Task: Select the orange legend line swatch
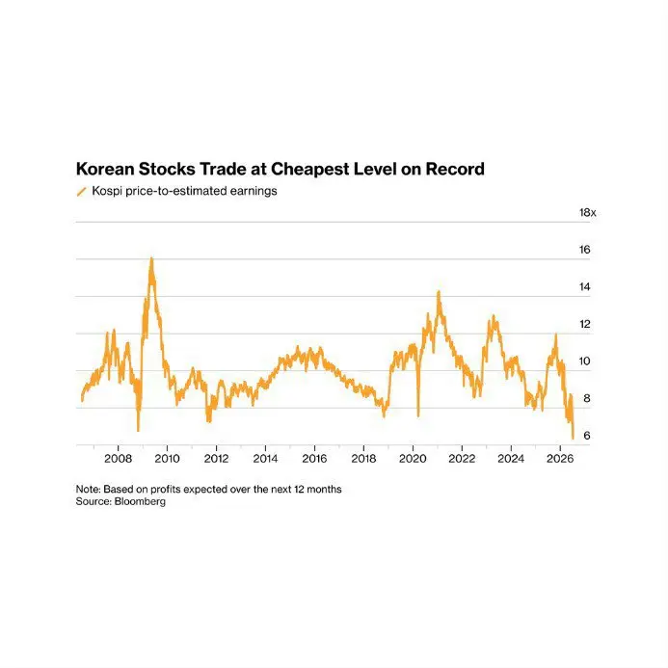81,192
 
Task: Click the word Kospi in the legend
107,191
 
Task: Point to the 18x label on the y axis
587,213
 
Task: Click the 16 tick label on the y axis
584,250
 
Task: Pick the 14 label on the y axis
584,286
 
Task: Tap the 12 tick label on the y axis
584,324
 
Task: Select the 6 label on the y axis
587,436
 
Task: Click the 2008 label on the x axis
118,459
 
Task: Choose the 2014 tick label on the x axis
265,459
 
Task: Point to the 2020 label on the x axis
413,459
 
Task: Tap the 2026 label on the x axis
560,459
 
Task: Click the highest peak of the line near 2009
151,258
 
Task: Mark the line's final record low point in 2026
573,438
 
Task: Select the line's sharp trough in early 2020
418,415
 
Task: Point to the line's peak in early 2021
439,292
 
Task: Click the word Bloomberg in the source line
140,501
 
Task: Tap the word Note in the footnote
88,489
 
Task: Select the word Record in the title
455,169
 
